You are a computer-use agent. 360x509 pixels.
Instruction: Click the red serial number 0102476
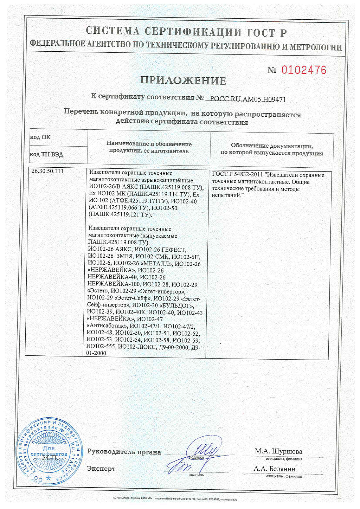(304, 70)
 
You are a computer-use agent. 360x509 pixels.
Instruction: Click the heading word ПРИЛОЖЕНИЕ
(183, 80)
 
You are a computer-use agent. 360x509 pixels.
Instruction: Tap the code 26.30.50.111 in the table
(47, 171)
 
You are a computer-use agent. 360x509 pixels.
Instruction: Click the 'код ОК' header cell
(40, 137)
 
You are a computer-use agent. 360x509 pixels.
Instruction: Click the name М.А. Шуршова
(278, 451)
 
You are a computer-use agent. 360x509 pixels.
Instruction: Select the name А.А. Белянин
(275, 469)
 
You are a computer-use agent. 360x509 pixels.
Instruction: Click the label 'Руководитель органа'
(124, 452)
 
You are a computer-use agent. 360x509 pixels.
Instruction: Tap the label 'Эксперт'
(101, 469)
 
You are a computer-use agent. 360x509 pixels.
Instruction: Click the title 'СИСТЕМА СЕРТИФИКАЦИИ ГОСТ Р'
(186, 32)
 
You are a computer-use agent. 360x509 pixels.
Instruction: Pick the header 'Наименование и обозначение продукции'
(149, 147)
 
